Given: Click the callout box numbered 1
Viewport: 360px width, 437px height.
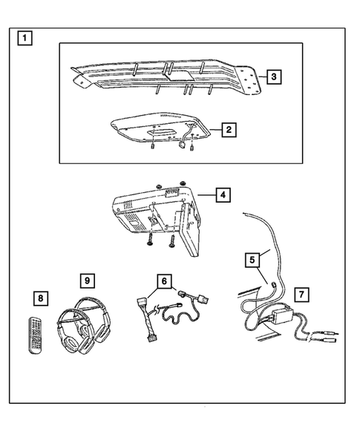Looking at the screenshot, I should coord(26,38).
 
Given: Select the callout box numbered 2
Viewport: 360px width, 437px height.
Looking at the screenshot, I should coord(230,130).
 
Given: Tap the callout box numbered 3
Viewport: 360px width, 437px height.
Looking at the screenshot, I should coord(273,76).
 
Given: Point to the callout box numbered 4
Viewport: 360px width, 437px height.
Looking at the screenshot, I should coord(222,195).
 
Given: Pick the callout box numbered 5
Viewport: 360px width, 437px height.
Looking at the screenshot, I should coord(253,259).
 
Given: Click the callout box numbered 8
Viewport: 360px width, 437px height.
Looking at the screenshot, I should coord(39,298).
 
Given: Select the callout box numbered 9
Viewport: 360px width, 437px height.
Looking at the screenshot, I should coord(87,281).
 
